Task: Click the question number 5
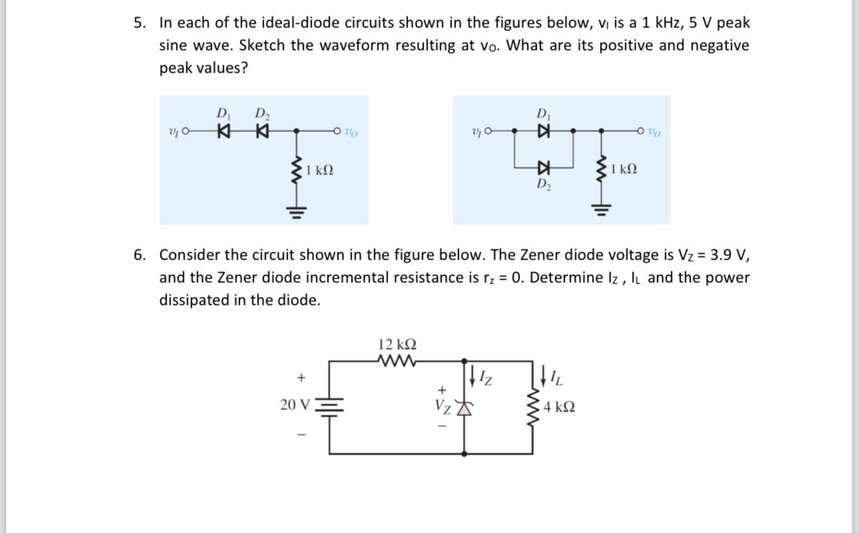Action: pos(139,23)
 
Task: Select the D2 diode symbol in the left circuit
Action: pos(261,132)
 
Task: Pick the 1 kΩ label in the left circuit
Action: pos(320,170)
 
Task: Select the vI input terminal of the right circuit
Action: pos(490,132)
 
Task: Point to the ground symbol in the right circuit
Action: pos(602,212)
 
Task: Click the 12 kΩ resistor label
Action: pos(397,345)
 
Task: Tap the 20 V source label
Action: pos(295,405)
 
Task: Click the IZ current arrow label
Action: pos(485,379)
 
